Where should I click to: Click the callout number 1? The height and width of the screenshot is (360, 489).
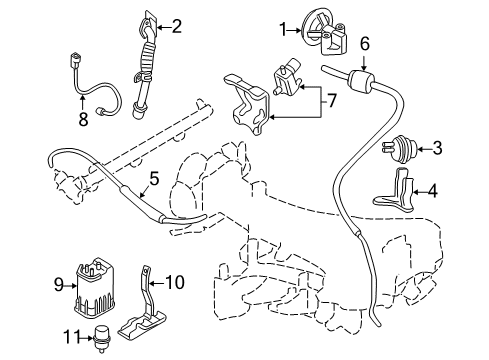point(283,28)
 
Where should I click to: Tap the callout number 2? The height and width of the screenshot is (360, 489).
point(177,26)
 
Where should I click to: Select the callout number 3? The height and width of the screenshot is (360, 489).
point(436,149)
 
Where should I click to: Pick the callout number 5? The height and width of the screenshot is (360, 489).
point(154,180)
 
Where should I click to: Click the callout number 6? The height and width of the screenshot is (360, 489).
point(365,43)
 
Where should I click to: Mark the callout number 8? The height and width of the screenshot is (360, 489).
point(83,119)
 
